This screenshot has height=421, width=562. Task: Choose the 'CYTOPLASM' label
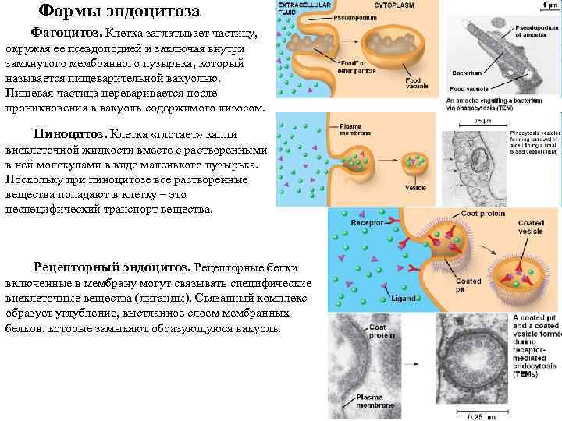394,5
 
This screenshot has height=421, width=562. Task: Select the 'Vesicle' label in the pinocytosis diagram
415,187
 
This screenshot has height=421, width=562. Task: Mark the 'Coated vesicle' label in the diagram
531,227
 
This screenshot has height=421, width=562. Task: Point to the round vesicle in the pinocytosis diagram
418,165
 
